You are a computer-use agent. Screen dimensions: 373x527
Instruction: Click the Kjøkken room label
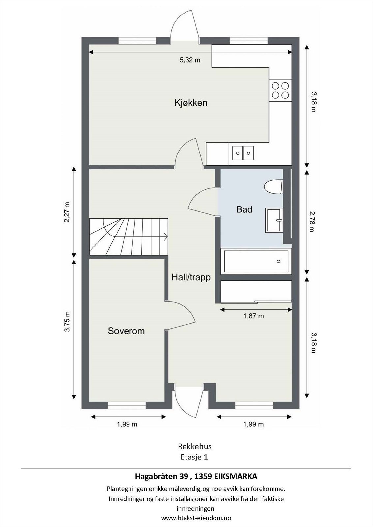[191, 103]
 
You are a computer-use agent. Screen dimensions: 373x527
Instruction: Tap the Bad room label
[244, 209]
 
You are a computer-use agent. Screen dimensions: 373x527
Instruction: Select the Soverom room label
[126, 331]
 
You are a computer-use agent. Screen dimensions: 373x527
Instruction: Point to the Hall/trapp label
[191, 278]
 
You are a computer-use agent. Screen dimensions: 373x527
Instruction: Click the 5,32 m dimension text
[190, 60]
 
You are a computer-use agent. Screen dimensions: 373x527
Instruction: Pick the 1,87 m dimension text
[253, 316]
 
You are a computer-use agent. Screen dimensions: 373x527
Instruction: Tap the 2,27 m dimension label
[67, 212]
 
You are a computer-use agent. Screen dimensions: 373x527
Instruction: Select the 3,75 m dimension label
[67, 321]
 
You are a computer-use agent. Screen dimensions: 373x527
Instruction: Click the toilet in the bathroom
[273, 187]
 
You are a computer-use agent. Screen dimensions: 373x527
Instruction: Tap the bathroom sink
[274, 220]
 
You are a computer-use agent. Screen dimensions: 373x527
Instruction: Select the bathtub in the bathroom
[256, 261]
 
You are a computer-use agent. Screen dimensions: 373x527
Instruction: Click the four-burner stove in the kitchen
[280, 90]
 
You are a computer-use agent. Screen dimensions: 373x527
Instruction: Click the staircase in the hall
[129, 236]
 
